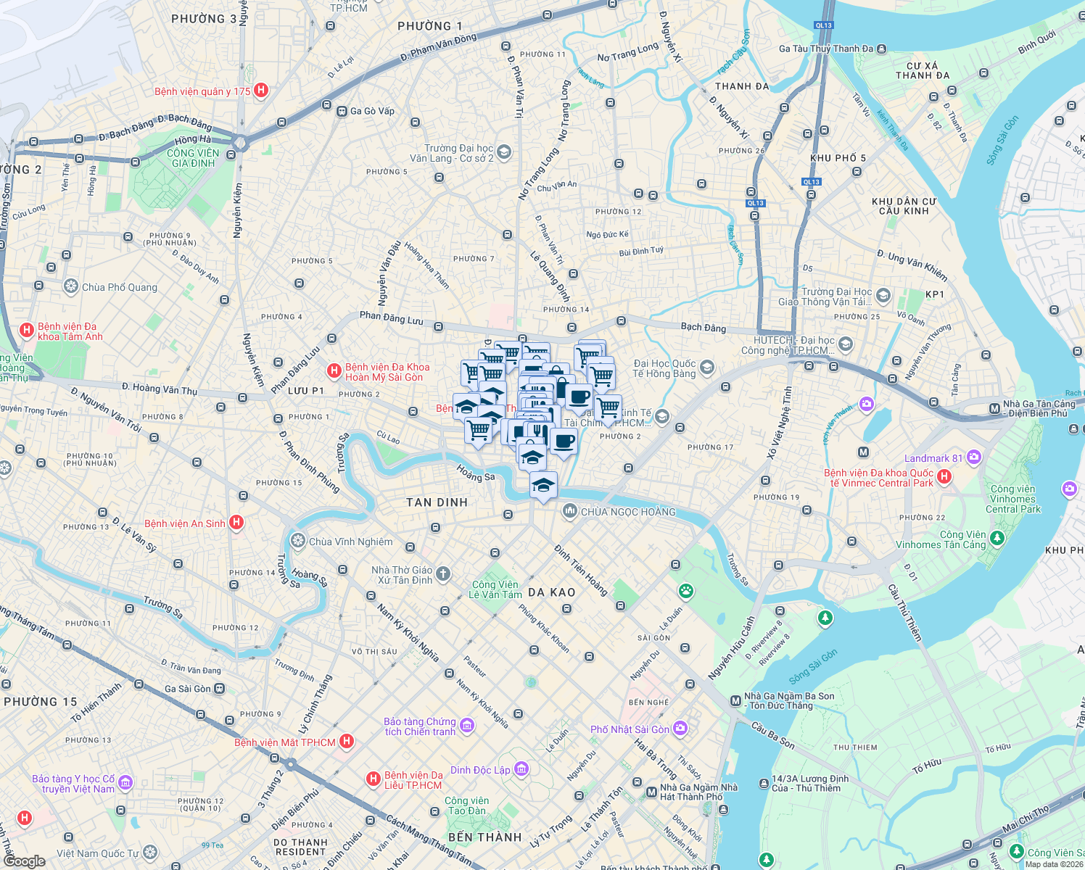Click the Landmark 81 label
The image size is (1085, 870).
[933, 458]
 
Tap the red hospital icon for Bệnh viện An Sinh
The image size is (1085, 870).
[236, 523]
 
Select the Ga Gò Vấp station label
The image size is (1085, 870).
[372, 111]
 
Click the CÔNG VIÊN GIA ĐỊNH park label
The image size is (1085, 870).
[192, 158]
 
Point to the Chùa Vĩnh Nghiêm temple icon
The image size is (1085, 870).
[297, 541]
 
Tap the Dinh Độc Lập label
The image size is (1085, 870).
[480, 770]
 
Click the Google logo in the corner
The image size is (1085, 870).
[24, 861]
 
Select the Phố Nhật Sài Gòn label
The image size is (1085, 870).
[630, 729]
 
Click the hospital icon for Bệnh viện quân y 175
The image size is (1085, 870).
[261, 91]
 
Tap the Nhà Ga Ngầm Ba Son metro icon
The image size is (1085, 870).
[735, 700]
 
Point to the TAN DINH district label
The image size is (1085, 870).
[437, 502]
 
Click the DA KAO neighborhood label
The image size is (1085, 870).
[551, 592]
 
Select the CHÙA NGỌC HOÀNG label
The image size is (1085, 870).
[628, 512]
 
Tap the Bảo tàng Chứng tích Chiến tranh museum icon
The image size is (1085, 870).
[467, 726]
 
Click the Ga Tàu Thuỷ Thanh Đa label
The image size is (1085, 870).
[825, 49]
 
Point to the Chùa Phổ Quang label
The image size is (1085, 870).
[119, 287]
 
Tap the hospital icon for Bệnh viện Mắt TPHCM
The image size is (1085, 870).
[347, 741]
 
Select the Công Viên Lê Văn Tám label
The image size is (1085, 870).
[495, 589]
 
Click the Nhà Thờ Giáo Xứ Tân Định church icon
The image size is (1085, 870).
[443, 575]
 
